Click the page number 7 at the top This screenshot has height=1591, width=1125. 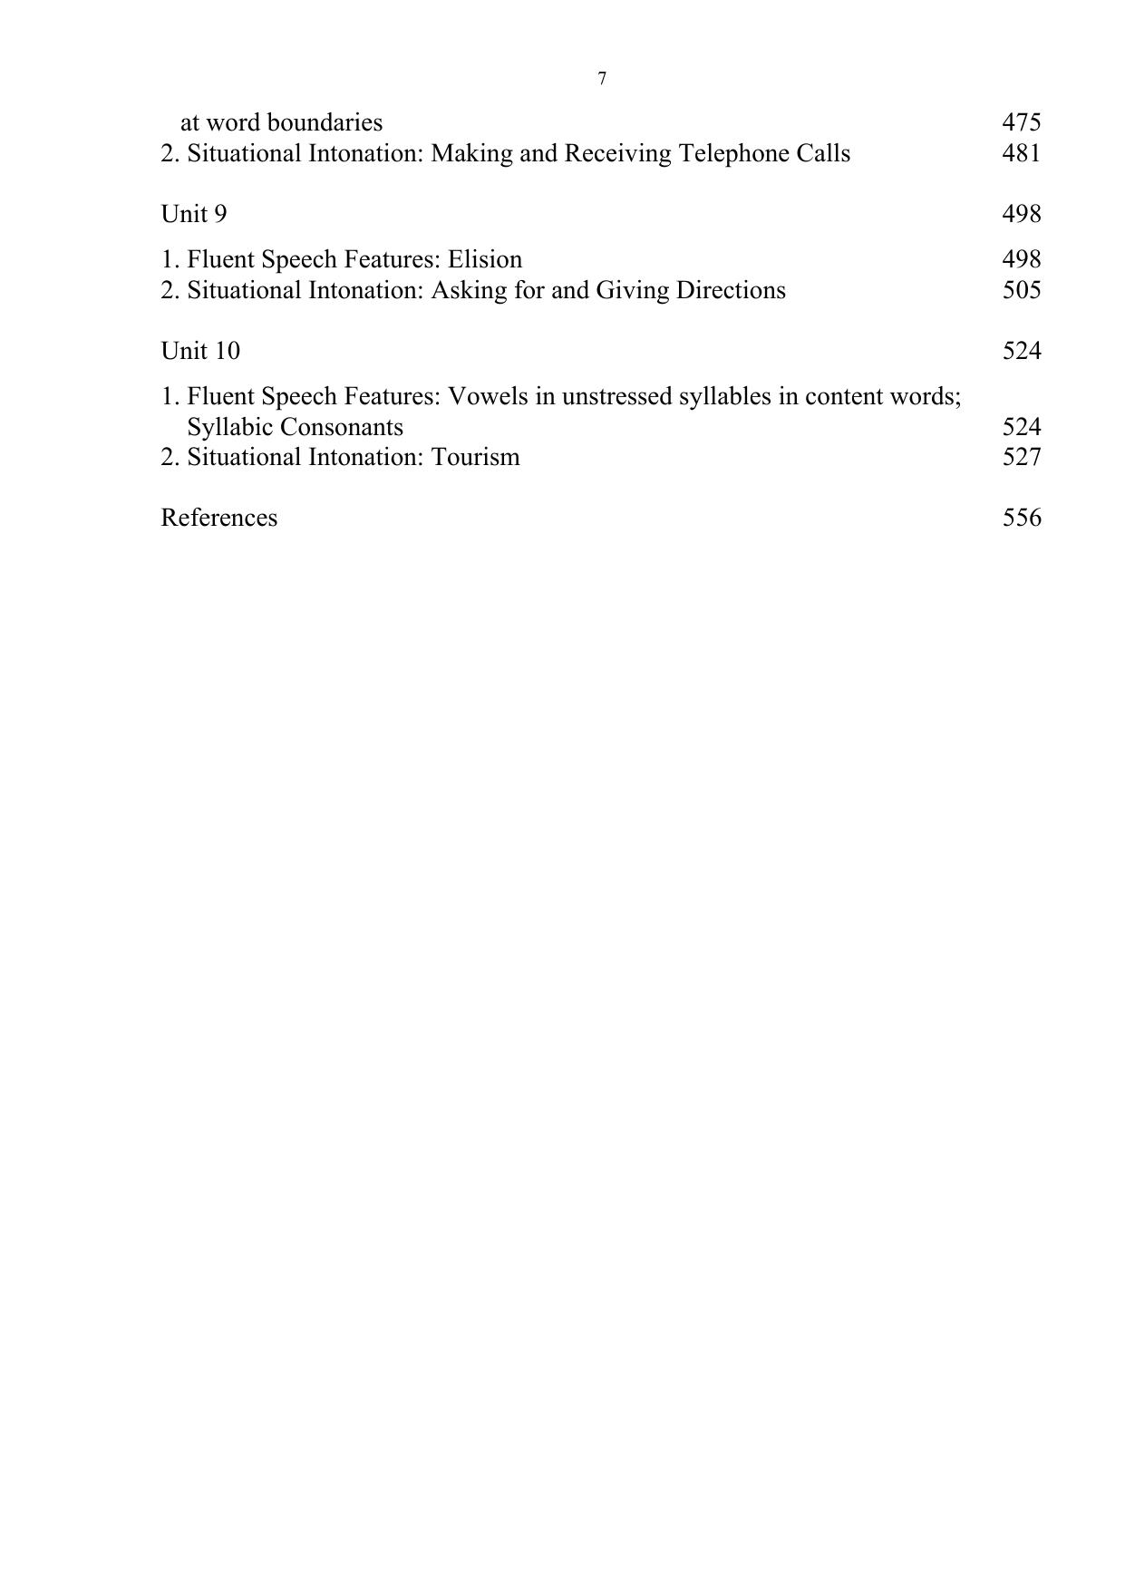pyautogui.click(x=602, y=79)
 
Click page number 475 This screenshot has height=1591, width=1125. pyautogui.click(x=1021, y=122)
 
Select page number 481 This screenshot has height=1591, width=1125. pyautogui.click(x=1021, y=153)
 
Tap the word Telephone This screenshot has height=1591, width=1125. pyautogui.click(x=738, y=153)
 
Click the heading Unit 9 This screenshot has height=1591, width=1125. pyautogui.click(x=194, y=214)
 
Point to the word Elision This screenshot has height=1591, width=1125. pyautogui.click(x=485, y=259)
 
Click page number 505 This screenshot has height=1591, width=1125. pyautogui.click(x=1021, y=290)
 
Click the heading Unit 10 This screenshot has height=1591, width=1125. pyautogui.click(x=200, y=351)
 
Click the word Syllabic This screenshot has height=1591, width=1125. pyautogui.click(x=229, y=427)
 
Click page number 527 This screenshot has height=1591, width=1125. pyautogui.click(x=1021, y=457)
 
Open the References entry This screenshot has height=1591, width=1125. pyautogui.click(x=219, y=518)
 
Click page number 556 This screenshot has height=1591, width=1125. pyautogui.click(x=1021, y=518)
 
